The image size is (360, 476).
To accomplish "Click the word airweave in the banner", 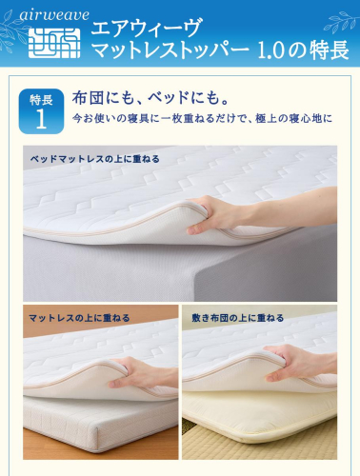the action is pyautogui.click(x=54, y=15).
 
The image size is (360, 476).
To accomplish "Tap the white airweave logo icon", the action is pyautogui.click(x=54, y=43).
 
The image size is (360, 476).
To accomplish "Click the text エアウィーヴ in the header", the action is pyautogui.click(x=146, y=28).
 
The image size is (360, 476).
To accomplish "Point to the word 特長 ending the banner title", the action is pyautogui.click(x=330, y=50).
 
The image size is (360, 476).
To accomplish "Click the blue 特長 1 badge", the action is pyautogui.click(x=41, y=110).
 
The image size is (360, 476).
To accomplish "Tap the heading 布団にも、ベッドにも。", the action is pyautogui.click(x=150, y=98).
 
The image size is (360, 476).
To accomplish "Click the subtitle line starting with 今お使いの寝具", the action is pyautogui.click(x=202, y=118).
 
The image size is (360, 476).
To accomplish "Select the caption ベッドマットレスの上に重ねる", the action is pyautogui.click(x=94, y=159).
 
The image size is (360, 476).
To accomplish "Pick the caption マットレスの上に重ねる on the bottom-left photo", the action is pyautogui.click(x=79, y=318).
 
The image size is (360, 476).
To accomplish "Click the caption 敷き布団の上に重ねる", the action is pyautogui.click(x=238, y=318).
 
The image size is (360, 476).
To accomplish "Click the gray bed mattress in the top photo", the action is pyautogui.click(x=178, y=269).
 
